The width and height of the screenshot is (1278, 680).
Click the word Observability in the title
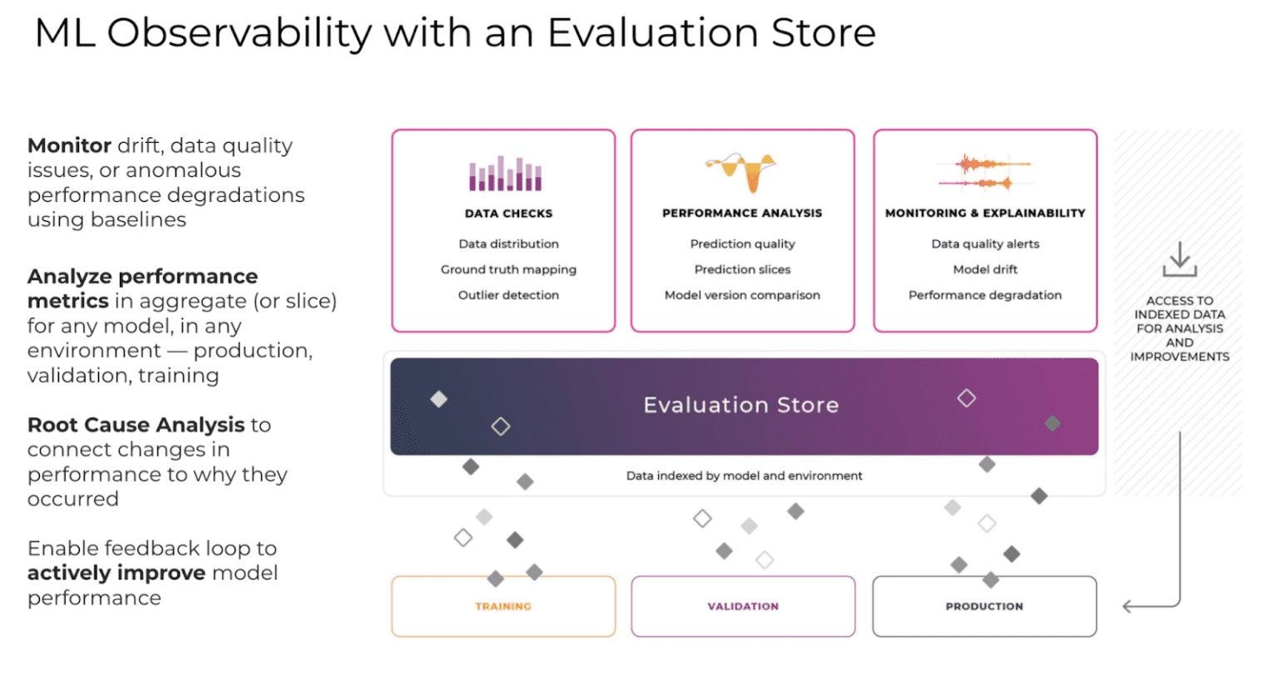(239, 33)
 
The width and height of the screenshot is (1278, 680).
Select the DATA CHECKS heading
(508, 214)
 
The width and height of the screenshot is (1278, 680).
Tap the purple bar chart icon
(505, 174)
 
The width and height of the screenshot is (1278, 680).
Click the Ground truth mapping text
(508, 269)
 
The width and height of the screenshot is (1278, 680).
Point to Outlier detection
(508, 295)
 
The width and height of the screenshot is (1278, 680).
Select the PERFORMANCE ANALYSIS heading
(742, 214)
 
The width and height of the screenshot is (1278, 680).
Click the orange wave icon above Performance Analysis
(741, 170)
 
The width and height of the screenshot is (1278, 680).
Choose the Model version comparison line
(742, 295)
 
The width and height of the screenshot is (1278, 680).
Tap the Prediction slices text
(742, 269)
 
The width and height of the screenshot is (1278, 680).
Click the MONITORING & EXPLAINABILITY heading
(985, 214)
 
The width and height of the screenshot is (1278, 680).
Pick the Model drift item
(985, 269)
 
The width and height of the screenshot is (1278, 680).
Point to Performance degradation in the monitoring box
(985, 295)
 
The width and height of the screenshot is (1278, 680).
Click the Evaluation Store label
(741, 405)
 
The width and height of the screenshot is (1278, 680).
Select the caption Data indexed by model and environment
(744, 476)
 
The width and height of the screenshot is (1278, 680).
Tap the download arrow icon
(1179, 259)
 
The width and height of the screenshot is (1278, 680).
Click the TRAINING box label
(503, 607)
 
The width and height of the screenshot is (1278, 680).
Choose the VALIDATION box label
(743, 607)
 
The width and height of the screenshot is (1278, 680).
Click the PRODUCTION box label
(984, 607)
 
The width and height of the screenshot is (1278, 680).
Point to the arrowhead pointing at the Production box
(1127, 607)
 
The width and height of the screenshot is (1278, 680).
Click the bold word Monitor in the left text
(69, 145)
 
